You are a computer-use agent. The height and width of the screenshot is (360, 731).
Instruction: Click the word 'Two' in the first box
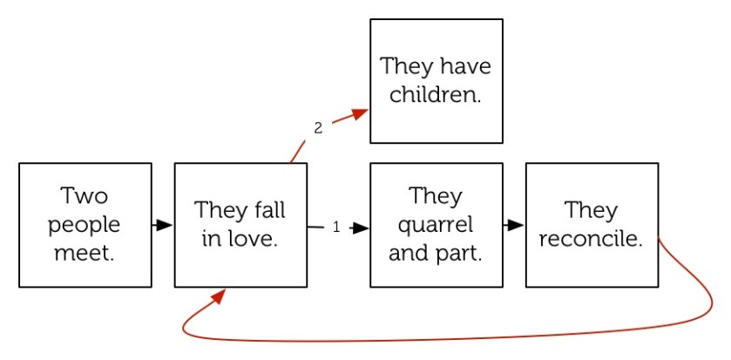coord(85,194)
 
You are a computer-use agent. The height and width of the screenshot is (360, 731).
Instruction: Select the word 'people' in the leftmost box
coord(85,225)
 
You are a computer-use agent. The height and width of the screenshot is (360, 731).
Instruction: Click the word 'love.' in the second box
coord(254,239)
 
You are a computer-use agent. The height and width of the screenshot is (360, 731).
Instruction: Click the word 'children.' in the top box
coord(436,95)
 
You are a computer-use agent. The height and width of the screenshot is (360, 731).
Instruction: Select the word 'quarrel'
coord(436,225)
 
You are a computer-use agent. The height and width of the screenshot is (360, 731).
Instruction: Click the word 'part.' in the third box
coord(459,255)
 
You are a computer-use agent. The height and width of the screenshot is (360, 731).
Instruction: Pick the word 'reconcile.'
coord(591,239)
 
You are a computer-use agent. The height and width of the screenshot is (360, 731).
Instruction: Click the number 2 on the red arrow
coord(318,128)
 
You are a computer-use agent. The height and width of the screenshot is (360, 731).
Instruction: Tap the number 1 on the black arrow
coord(336,228)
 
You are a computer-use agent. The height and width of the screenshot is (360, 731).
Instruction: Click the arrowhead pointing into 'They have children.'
coord(360,113)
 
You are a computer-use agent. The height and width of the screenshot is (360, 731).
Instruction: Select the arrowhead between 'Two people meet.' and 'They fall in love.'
coord(164,225)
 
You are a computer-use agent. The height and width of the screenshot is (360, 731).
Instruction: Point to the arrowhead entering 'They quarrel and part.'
coord(360,228)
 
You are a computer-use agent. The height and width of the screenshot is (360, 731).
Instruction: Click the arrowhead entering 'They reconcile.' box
coord(515,225)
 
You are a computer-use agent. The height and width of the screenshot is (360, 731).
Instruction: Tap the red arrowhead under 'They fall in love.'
coord(218,297)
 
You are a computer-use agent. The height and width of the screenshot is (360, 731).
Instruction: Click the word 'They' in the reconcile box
coord(591,210)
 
